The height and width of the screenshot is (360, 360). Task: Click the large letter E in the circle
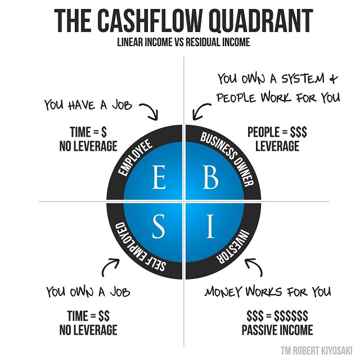tap(159, 177)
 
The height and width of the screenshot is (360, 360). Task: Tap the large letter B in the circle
tap(211, 177)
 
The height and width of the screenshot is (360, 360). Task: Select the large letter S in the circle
tap(159, 226)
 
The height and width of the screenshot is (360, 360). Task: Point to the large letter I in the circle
tap(210, 226)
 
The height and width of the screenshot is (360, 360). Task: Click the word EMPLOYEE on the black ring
tap(135, 157)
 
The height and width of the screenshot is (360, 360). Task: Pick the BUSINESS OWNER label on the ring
tap(227, 159)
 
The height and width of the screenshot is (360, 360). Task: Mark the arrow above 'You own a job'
tap(108, 266)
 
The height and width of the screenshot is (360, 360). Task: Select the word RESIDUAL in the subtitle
tap(203, 42)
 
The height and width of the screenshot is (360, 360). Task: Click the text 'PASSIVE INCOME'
tap(277, 330)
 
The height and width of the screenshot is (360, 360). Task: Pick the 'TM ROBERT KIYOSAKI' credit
tap(317, 350)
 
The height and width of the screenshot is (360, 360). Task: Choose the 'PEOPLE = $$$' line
tap(277, 132)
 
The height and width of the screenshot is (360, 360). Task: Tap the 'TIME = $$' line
tap(88, 316)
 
